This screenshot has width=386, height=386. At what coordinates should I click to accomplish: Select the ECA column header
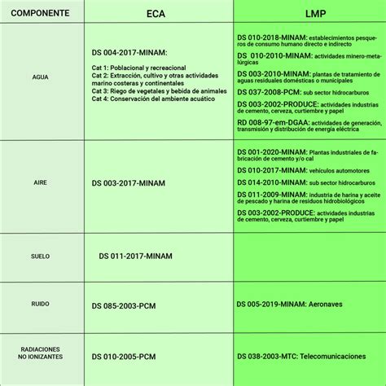coord(157,14)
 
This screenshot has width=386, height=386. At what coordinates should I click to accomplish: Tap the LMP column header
coord(309,14)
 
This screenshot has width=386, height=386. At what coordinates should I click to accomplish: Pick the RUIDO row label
coord(41,305)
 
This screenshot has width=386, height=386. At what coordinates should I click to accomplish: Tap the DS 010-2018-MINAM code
coord(264,38)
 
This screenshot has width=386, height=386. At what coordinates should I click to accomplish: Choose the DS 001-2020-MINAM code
coord(264,152)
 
